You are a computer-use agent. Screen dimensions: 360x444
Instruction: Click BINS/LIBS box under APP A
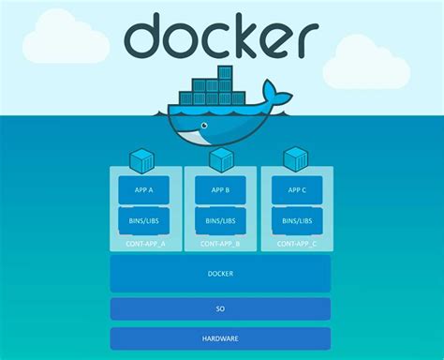tap(144, 221)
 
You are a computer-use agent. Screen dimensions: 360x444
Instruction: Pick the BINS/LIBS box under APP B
tap(220, 221)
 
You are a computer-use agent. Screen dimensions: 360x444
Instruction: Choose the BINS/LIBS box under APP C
tap(296, 221)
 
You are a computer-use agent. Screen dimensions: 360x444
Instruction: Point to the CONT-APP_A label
tap(144, 243)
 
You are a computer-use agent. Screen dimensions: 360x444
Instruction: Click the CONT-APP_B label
tap(220, 243)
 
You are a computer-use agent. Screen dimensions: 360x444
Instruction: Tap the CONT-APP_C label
tap(296, 243)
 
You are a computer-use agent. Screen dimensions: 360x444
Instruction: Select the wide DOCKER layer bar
tap(220, 274)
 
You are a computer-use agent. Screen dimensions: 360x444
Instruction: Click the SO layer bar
tap(220, 308)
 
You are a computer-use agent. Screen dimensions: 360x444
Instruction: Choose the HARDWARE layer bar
tap(220, 338)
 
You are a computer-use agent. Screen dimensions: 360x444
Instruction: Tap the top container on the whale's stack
tap(225, 72)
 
